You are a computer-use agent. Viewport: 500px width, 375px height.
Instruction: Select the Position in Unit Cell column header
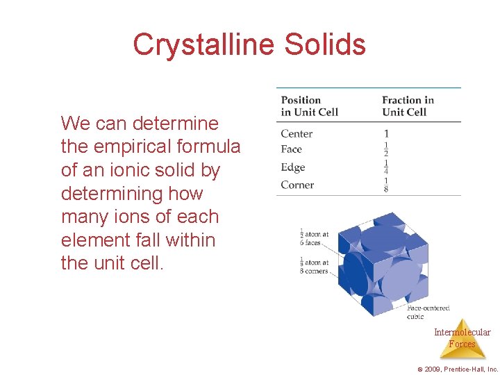(x=309, y=106)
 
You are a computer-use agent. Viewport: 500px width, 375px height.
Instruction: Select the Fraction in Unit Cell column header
(x=408, y=106)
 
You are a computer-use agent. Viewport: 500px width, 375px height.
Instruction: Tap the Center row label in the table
(x=297, y=133)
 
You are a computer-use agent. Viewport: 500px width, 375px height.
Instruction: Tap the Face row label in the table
(x=292, y=149)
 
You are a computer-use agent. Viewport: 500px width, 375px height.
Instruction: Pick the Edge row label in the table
(x=293, y=167)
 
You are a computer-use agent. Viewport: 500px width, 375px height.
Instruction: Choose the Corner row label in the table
(x=297, y=185)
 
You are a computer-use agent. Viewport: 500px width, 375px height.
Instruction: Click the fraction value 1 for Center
(x=386, y=133)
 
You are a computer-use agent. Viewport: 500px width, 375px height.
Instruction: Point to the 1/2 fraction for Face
(x=386, y=149)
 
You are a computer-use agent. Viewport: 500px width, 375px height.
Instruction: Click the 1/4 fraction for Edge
(x=386, y=167)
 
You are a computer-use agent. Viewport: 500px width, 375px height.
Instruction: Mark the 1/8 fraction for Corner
(x=386, y=185)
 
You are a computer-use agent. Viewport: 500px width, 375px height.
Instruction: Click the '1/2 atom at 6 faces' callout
(x=315, y=238)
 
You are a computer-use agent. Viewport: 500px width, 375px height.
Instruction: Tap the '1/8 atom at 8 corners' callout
(x=315, y=267)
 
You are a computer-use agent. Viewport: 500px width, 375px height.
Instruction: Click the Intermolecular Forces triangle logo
(x=462, y=338)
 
